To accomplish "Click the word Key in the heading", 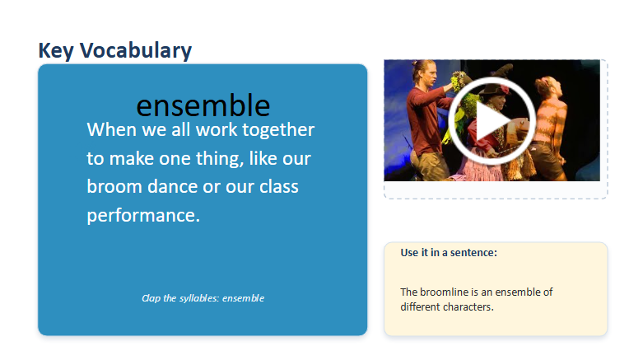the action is coord(56,51).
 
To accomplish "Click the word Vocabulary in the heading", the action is coord(136,50).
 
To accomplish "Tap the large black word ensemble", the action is coord(203,105).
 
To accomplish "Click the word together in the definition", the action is coord(278,130).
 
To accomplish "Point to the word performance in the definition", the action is coord(143,216).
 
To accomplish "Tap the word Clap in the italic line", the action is coord(151,298).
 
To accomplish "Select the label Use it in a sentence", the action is coord(449,252).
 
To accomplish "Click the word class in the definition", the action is coord(279,186).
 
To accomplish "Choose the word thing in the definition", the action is coord(220,159).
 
